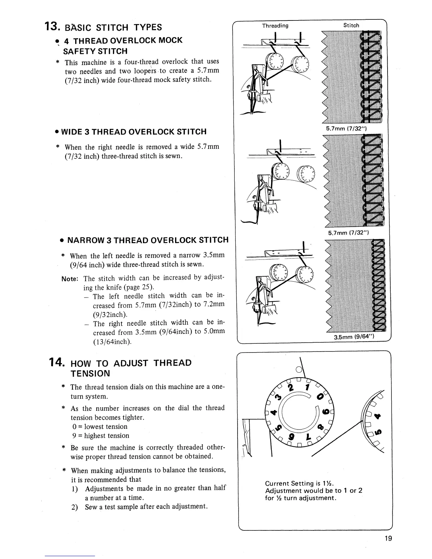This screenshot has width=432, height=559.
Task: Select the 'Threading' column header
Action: coord(275,25)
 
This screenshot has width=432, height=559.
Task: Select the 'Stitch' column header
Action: coord(351,25)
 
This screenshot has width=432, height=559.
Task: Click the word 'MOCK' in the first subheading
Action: coord(170,40)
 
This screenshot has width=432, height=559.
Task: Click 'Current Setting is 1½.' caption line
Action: coord(299,483)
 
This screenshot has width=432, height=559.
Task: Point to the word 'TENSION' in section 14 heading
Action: coord(90,373)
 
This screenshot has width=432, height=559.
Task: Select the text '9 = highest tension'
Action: coord(100,435)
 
